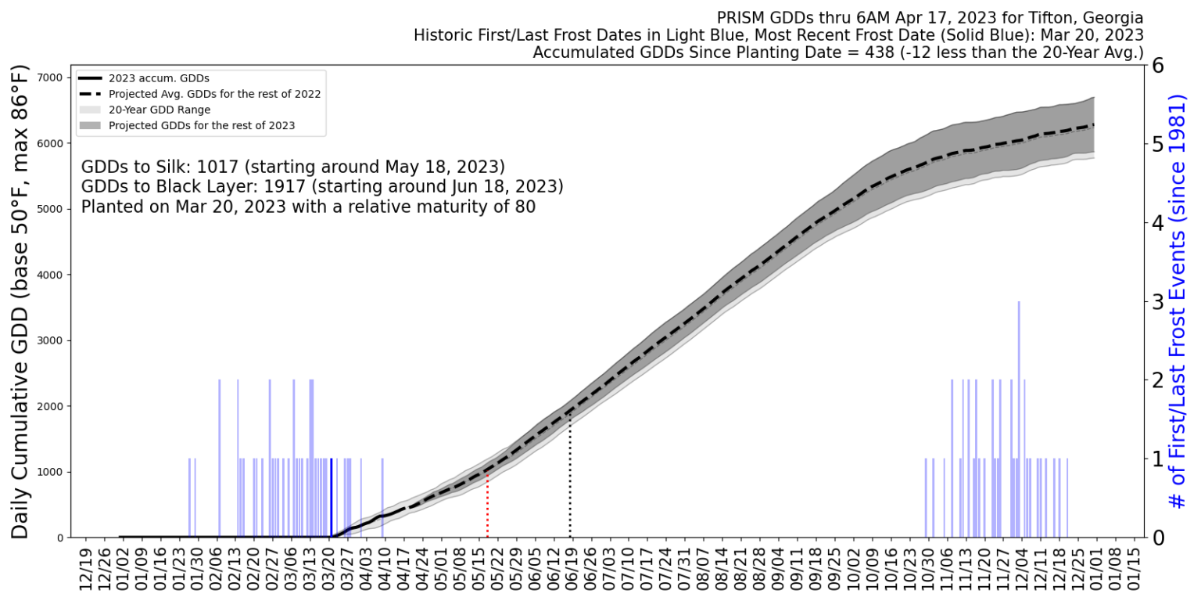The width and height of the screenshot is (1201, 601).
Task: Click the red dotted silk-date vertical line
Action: pyautogui.click(x=488, y=505)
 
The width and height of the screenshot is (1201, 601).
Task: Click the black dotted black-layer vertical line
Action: pyautogui.click(x=570, y=477)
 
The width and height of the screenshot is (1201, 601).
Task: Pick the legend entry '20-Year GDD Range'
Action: pyautogui.click(x=160, y=110)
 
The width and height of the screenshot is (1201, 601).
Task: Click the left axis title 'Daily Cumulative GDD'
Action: pyautogui.click(x=21, y=301)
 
